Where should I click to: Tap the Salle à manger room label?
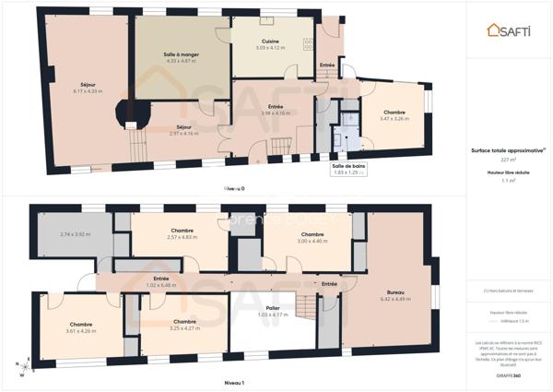point(182,57)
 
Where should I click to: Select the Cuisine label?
point(271,43)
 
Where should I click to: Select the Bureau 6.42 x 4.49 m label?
point(394,296)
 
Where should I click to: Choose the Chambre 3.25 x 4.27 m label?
point(184,325)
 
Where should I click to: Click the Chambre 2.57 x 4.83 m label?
point(181,234)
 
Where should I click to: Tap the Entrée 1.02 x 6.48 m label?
point(160,281)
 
